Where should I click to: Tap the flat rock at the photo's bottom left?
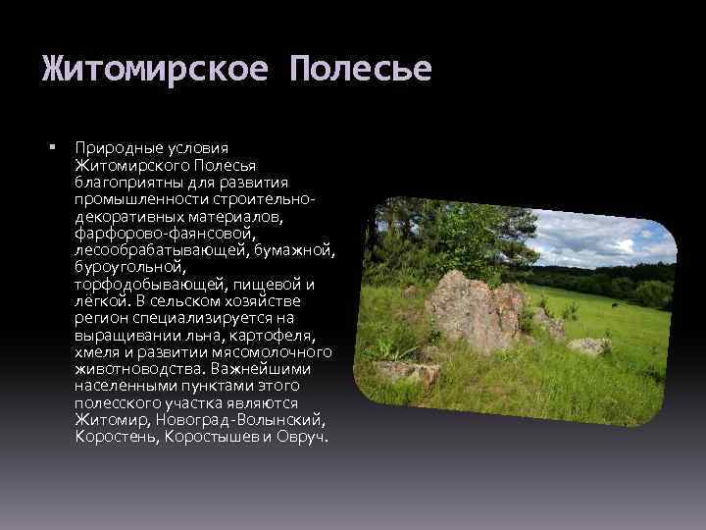[402, 371]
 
